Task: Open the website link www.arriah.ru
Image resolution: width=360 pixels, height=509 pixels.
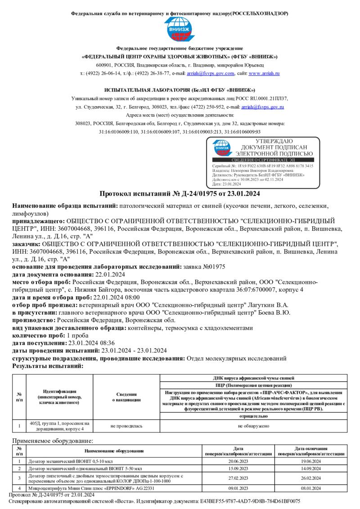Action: click(264, 73)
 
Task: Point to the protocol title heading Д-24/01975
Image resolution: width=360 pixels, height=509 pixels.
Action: click(180, 194)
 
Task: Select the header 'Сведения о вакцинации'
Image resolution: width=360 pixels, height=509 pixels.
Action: click(126, 397)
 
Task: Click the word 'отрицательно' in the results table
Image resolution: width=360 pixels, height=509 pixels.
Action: click(254, 416)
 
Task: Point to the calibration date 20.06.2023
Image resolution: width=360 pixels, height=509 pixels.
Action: click(238, 461)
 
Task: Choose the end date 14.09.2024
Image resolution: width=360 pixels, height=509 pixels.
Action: click(311, 468)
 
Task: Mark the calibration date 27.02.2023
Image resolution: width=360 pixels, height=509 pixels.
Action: click(238, 478)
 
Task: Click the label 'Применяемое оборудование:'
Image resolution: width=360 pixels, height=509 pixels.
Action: click(53, 441)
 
